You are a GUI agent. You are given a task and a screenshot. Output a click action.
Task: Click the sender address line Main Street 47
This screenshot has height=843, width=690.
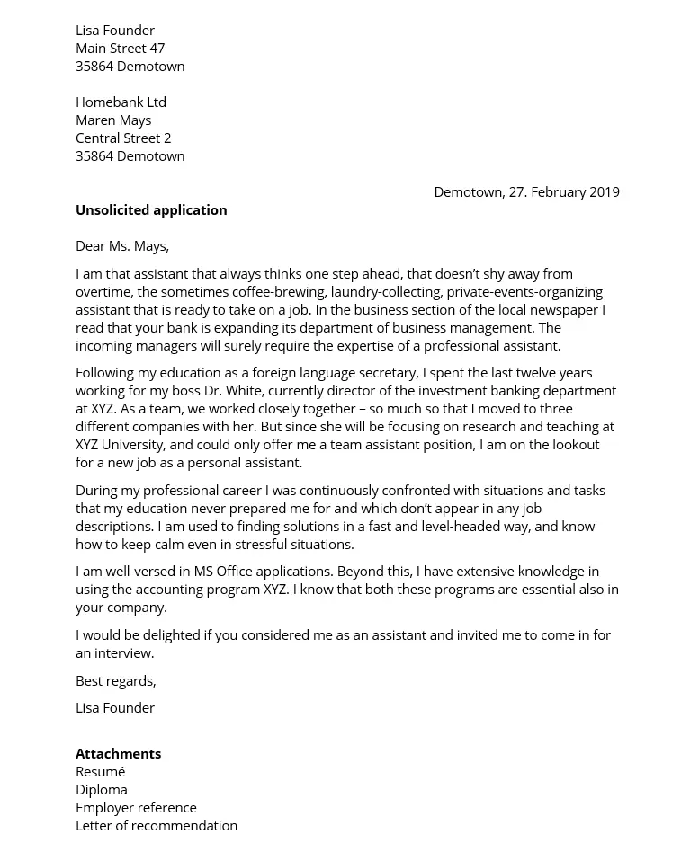point(120,48)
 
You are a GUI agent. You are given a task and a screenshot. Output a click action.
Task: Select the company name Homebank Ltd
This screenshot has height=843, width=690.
point(121,102)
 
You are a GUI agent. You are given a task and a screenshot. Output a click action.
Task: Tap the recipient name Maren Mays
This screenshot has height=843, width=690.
point(113,120)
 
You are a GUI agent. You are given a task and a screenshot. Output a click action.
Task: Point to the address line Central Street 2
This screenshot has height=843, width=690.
point(123,138)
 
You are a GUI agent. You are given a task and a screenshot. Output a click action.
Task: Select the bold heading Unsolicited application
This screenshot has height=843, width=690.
point(151,209)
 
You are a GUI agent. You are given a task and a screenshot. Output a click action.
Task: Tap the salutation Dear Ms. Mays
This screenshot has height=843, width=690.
point(122,245)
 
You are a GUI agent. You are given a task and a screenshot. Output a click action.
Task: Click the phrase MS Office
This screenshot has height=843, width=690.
point(222,571)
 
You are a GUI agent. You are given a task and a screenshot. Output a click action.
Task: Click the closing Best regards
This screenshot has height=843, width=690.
point(116,680)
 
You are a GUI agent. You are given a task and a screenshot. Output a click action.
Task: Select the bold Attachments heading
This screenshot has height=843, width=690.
point(118,753)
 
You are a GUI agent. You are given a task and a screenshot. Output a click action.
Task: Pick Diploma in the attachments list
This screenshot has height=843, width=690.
point(102,789)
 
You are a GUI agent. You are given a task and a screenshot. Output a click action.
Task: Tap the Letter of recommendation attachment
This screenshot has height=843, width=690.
point(157,825)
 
